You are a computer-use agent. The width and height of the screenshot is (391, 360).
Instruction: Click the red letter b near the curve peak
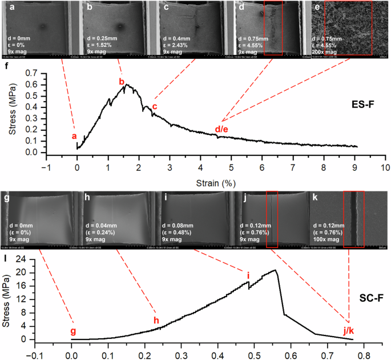click(x=122, y=82)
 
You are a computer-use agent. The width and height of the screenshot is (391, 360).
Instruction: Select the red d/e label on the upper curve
click(x=221, y=130)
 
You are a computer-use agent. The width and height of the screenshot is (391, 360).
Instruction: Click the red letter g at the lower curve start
click(x=72, y=331)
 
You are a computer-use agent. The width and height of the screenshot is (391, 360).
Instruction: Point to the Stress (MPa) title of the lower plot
click(x=8, y=298)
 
